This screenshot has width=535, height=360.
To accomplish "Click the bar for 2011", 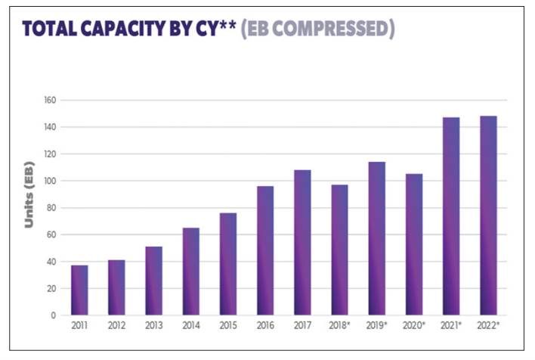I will coord(79,290).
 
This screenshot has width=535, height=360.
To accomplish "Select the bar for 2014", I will coord(191,271).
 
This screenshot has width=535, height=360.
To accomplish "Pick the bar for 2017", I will coord(302,242).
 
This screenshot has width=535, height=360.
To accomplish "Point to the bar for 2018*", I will coord(339,250).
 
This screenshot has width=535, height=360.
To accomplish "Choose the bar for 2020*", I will coord(413,244).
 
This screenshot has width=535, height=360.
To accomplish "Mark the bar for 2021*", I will coord(450,216).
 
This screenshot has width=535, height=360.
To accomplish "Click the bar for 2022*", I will coord(488,216).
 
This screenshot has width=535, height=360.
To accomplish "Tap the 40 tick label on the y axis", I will coord(50,262).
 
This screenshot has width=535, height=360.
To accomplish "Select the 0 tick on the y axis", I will coord(53,315).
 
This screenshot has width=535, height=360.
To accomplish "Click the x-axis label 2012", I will coord(116,326).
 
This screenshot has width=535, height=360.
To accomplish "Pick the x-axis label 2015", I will coord(228,326).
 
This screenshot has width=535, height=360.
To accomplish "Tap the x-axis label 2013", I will coord(154,326).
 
